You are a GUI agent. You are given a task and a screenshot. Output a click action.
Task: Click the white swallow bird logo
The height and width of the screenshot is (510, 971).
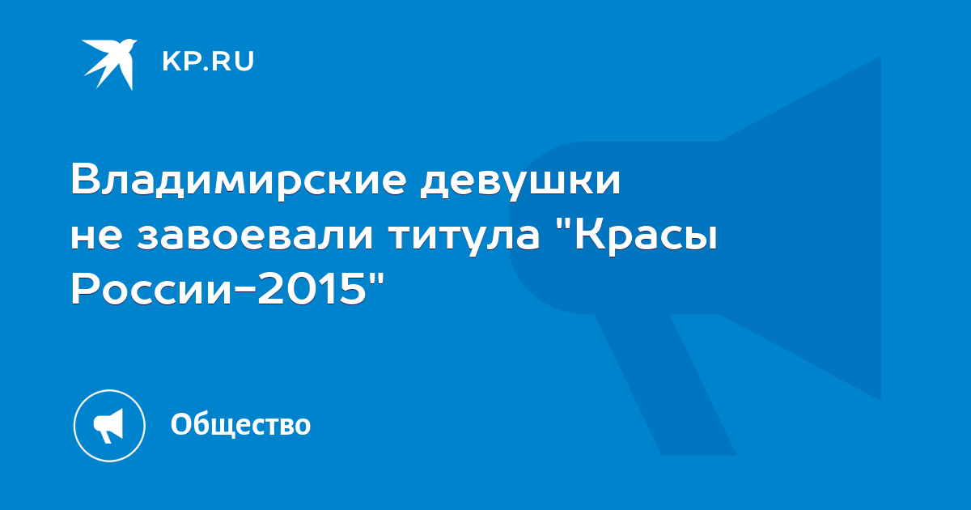coord(110,63)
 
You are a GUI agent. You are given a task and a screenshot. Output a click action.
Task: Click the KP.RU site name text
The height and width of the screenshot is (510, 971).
coord(208,62)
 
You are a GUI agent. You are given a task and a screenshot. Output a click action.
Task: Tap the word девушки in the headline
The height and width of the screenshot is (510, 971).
coord(520,182)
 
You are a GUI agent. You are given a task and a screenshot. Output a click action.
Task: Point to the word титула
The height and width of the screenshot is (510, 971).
coord(464,238)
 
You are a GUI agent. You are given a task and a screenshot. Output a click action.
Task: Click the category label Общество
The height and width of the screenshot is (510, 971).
coord(240,424)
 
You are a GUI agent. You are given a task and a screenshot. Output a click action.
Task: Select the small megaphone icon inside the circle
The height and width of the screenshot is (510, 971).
coord(108,426)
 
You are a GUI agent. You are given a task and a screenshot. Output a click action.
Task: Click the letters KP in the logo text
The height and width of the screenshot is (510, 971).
coord(180,62)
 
